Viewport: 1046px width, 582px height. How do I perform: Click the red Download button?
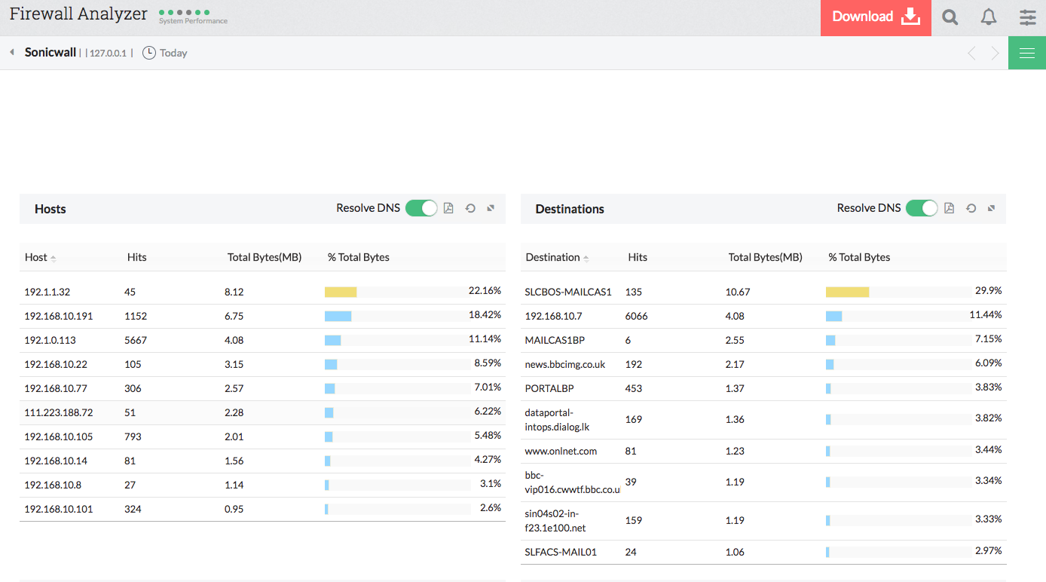876,17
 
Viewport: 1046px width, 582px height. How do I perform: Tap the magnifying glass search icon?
950,17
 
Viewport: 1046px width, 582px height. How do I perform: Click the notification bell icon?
989,17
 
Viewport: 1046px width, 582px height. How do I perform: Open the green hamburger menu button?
1026,53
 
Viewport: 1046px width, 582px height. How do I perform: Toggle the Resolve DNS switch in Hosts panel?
421,208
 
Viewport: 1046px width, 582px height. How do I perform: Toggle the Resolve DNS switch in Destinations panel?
921,208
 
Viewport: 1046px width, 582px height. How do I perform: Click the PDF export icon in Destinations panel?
950,208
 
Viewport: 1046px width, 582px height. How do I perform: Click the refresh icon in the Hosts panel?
470,208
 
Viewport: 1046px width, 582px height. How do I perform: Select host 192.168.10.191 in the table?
59,316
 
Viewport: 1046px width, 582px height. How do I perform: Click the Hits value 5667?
136,340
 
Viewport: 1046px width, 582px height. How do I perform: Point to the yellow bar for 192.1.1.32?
341,292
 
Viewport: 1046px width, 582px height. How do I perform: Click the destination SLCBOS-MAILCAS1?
567,292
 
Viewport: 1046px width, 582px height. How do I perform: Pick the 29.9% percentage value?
988,291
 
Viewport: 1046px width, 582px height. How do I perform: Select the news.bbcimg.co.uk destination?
564,364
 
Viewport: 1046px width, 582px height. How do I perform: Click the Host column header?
36,257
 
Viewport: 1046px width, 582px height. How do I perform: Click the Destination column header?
552,257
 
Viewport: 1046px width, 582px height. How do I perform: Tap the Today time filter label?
173,53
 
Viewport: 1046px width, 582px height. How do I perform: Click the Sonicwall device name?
50,52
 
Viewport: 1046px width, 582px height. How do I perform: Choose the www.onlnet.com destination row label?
561,451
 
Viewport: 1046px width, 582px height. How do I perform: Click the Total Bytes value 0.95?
234,509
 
